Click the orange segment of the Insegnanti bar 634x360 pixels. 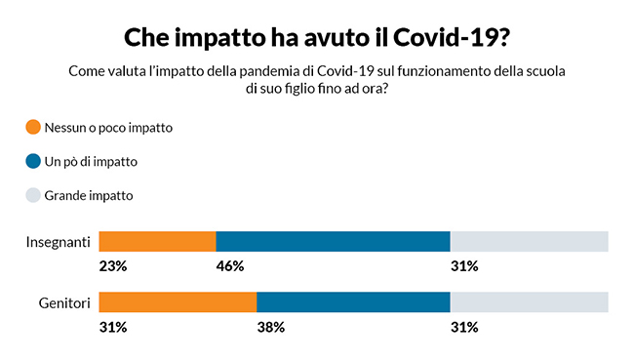click(157, 241)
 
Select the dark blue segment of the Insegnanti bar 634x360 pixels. click(333, 241)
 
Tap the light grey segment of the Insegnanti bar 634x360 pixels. click(529, 241)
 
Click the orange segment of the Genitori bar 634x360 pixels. click(178, 302)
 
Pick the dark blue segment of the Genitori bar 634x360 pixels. click(353, 302)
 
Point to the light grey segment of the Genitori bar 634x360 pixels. click(529, 302)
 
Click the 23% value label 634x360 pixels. click(113, 265)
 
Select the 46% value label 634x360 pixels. click(230, 265)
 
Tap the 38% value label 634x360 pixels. click(270, 327)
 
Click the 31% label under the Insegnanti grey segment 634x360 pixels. click(464, 265)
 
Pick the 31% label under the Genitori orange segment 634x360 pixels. click(113, 327)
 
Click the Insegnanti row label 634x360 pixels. click(58, 241)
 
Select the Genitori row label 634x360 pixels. click(63, 302)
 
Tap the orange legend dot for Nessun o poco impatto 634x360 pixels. click(33, 127)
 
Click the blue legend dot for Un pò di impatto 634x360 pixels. click(33, 161)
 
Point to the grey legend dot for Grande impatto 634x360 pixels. click(33, 195)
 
